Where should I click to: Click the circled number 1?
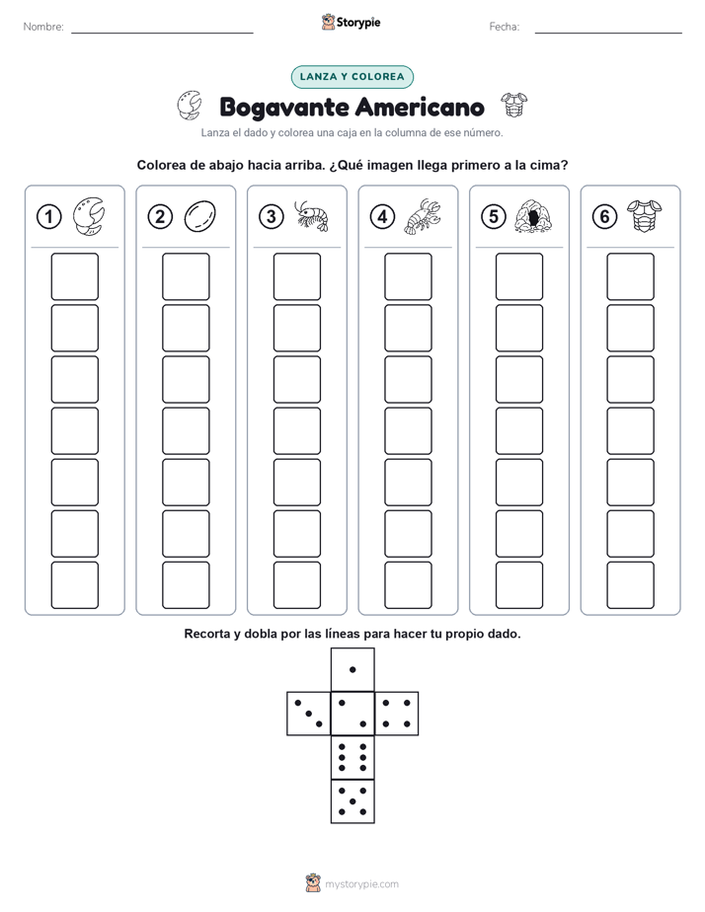[48, 217]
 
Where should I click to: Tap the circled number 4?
[382, 217]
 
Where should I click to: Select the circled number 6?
[604, 217]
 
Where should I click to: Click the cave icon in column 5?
[533, 216]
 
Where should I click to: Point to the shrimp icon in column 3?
[311, 216]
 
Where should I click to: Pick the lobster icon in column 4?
[423, 216]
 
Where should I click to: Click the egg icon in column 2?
[200, 216]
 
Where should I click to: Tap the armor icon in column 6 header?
[644, 216]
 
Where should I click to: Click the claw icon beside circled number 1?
[89, 216]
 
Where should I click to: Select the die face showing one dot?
[352, 669]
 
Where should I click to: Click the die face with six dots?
[352, 757]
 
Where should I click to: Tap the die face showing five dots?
[352, 801]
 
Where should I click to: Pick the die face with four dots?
[397, 714]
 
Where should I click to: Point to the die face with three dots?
[308, 714]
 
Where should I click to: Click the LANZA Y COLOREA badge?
[352, 77]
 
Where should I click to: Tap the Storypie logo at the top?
[351, 23]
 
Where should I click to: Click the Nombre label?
[43, 27]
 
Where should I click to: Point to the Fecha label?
[505, 27]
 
